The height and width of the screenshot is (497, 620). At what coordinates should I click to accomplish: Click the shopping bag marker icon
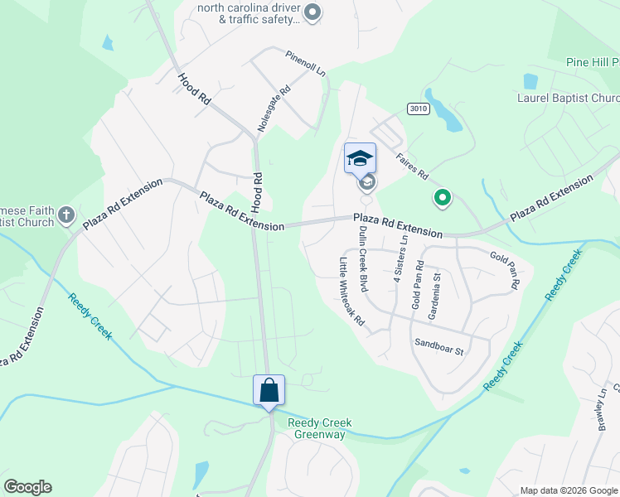[x=269, y=390]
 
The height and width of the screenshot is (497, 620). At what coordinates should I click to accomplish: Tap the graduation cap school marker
[x=360, y=158]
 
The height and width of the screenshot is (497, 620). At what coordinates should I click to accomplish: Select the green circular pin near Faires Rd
[x=443, y=197]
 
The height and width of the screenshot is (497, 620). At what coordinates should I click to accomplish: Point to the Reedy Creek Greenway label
[x=320, y=428]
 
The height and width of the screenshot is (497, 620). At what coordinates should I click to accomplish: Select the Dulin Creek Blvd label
[x=362, y=259]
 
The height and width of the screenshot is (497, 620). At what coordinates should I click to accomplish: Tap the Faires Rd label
[x=411, y=164]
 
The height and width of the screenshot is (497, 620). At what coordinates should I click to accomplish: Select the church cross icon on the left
[x=66, y=216]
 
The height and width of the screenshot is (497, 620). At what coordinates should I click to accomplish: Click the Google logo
[x=27, y=487]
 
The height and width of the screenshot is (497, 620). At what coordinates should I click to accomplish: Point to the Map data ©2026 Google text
[x=568, y=490]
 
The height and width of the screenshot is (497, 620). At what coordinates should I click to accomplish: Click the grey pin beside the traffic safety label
[x=312, y=12]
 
